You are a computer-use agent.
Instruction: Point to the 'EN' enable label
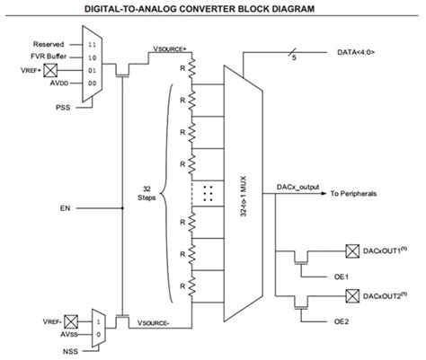click(65, 208)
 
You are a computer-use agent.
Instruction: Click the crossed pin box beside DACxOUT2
click(351, 295)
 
